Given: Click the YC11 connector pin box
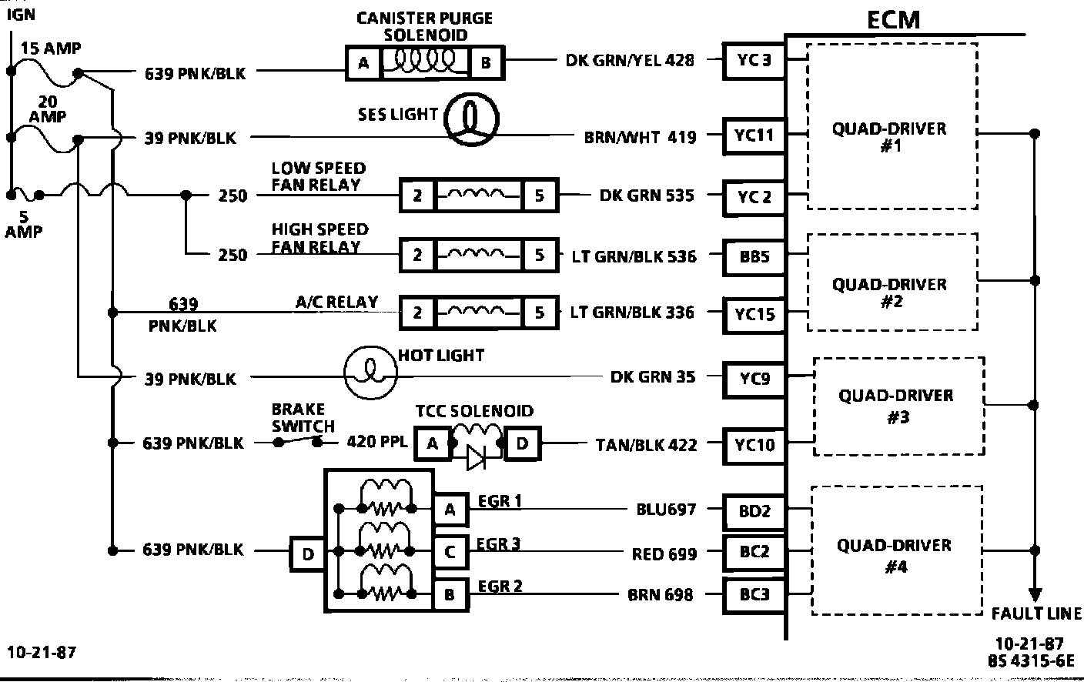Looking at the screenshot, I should (754, 136).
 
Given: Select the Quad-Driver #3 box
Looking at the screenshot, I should (898, 406).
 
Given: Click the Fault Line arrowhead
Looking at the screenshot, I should (1035, 594).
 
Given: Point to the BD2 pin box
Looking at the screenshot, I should (754, 510).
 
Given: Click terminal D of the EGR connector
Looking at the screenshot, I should (308, 553).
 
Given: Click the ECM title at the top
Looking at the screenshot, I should (893, 18).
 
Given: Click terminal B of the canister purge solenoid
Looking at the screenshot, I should (486, 63).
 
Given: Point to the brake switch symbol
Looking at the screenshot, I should (296, 442).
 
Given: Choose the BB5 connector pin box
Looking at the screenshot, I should (754, 256).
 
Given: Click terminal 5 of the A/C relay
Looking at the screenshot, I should (539, 313).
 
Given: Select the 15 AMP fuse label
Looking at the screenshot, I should (50, 48).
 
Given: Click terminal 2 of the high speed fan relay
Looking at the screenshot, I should (417, 254).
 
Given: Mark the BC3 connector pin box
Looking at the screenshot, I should (754, 594).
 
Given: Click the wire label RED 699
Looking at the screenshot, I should (664, 553).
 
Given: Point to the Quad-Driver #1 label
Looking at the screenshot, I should (889, 136).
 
